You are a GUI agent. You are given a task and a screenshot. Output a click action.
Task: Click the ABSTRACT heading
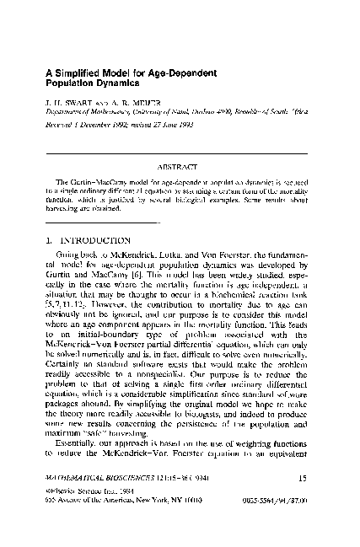click(180, 166)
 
